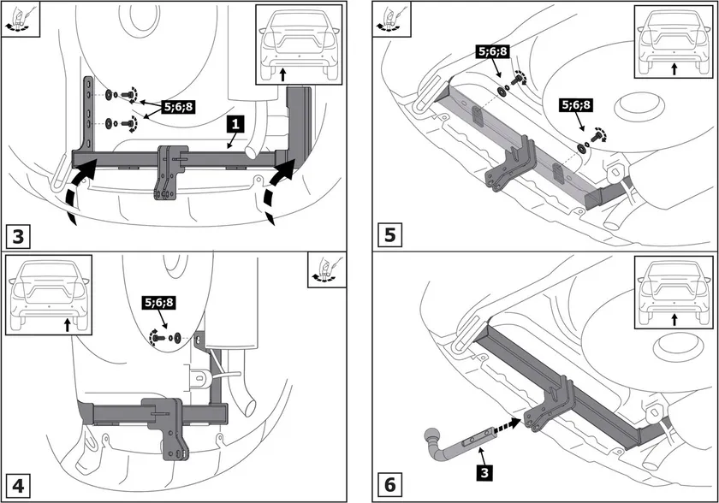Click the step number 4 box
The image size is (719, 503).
click(x=21, y=485)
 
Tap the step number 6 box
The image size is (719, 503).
click(x=390, y=485)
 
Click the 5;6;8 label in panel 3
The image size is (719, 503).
click(x=179, y=109)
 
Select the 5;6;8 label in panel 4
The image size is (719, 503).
click(x=158, y=302)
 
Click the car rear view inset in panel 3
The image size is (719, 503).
click(x=298, y=44)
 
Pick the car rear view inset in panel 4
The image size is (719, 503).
click(x=48, y=295)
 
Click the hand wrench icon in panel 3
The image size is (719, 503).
click(x=17, y=18)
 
